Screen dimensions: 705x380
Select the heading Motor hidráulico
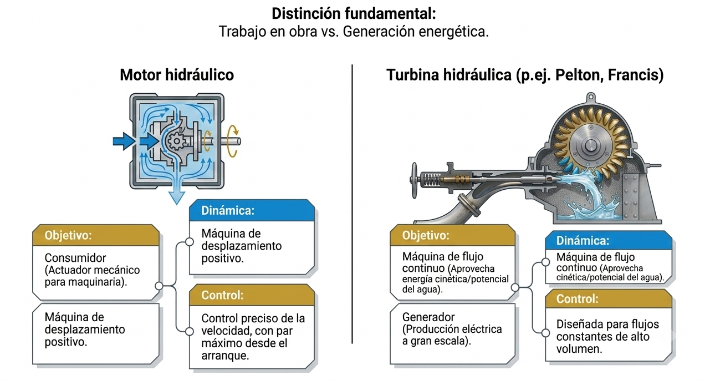pos(177,75)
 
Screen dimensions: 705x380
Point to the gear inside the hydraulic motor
pos(176,141)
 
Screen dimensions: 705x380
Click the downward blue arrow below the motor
pos(176,191)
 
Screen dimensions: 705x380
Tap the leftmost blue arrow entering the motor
pos(124,141)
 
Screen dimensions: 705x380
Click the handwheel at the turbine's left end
pos(414,180)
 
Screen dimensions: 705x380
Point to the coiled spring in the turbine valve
pos(431,180)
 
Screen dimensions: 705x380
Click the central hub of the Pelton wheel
pos(590,145)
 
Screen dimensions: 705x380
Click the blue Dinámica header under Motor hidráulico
pos(252,210)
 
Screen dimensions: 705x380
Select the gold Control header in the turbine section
pos(609,298)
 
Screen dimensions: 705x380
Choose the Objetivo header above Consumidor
pos(96,235)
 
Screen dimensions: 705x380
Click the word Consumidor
pos(75,258)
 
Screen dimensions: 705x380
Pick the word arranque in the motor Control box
pos(225,356)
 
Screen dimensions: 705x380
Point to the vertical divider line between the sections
pos(352,204)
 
